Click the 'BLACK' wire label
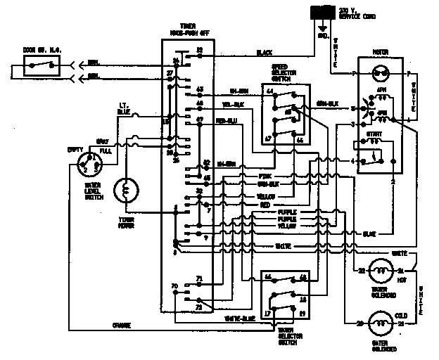pyautogui.click(x=264, y=53)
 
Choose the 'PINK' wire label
pyautogui.click(x=265, y=176)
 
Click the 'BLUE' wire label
pyautogui.click(x=369, y=233)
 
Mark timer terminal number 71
pyautogui.click(x=199, y=278)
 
